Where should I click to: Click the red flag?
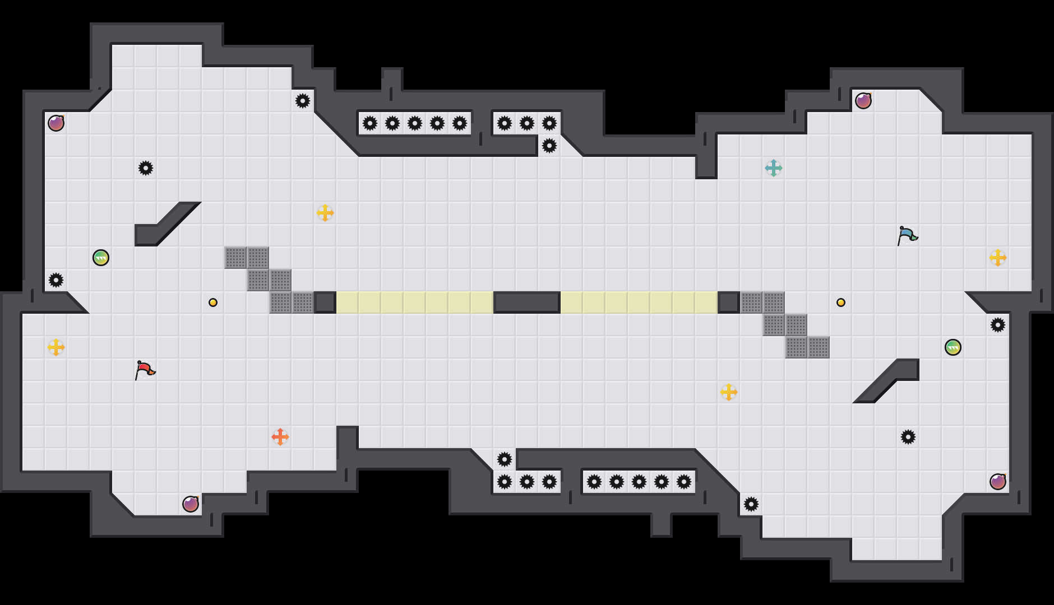(x=145, y=370)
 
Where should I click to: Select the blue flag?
(x=907, y=235)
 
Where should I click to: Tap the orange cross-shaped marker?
(x=280, y=437)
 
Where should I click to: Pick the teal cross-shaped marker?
(x=774, y=168)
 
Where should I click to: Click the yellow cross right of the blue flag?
(x=998, y=258)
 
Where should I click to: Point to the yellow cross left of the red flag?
(x=56, y=347)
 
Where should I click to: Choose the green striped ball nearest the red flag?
(x=101, y=258)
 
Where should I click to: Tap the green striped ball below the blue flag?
(x=953, y=347)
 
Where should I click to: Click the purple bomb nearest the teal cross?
(x=863, y=101)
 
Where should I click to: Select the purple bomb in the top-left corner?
(x=56, y=123)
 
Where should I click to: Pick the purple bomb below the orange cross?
(x=191, y=504)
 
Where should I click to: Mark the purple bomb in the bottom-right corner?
(x=998, y=482)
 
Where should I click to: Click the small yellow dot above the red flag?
(x=213, y=302)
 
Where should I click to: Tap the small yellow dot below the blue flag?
(x=841, y=302)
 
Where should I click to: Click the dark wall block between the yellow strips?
(x=527, y=302)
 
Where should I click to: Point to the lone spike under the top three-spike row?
(x=549, y=146)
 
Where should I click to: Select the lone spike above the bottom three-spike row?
(x=505, y=459)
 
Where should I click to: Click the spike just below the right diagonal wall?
(x=908, y=437)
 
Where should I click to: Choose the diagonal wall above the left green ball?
(x=168, y=224)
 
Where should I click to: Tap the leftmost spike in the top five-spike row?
(x=370, y=123)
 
